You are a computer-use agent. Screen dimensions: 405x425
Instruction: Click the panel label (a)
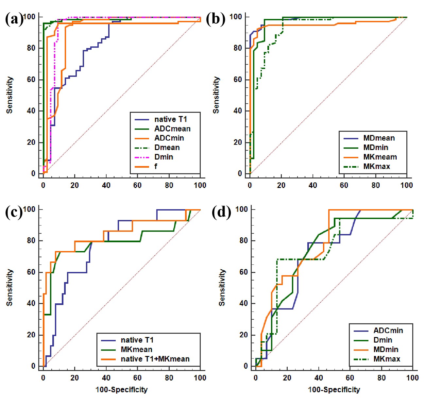click(14, 19)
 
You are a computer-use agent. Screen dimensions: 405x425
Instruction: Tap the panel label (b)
click(215, 19)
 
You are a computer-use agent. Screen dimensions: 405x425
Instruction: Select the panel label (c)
click(14, 212)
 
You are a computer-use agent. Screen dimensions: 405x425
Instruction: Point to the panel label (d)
click(221, 212)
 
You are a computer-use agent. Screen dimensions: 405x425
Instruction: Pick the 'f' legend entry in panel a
click(156, 166)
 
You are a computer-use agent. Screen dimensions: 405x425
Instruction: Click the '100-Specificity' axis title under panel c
click(121, 390)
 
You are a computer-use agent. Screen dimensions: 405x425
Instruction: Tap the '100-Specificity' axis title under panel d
click(334, 390)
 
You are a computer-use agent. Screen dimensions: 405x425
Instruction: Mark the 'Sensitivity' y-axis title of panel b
click(216, 95)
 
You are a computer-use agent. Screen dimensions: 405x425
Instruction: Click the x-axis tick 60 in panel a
click(137, 185)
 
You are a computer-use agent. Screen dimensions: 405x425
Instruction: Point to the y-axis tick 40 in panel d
click(244, 303)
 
